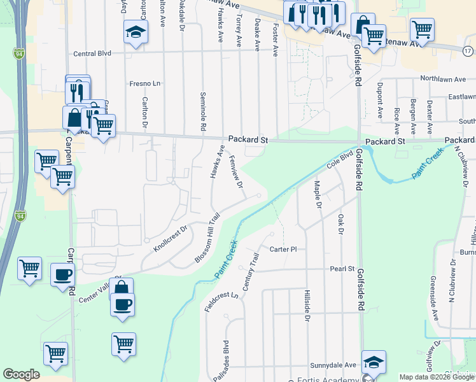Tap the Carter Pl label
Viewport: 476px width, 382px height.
point(283,249)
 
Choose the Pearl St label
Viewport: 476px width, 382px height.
point(342,269)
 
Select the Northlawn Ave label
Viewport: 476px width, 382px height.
point(448,80)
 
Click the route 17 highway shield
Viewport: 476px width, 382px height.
point(468,51)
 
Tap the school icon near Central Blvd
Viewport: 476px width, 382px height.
point(136,32)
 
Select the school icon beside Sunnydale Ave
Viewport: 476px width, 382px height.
point(374,362)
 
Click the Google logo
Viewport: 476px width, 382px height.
point(22,374)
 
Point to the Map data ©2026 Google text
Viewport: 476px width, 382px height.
point(436,377)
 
